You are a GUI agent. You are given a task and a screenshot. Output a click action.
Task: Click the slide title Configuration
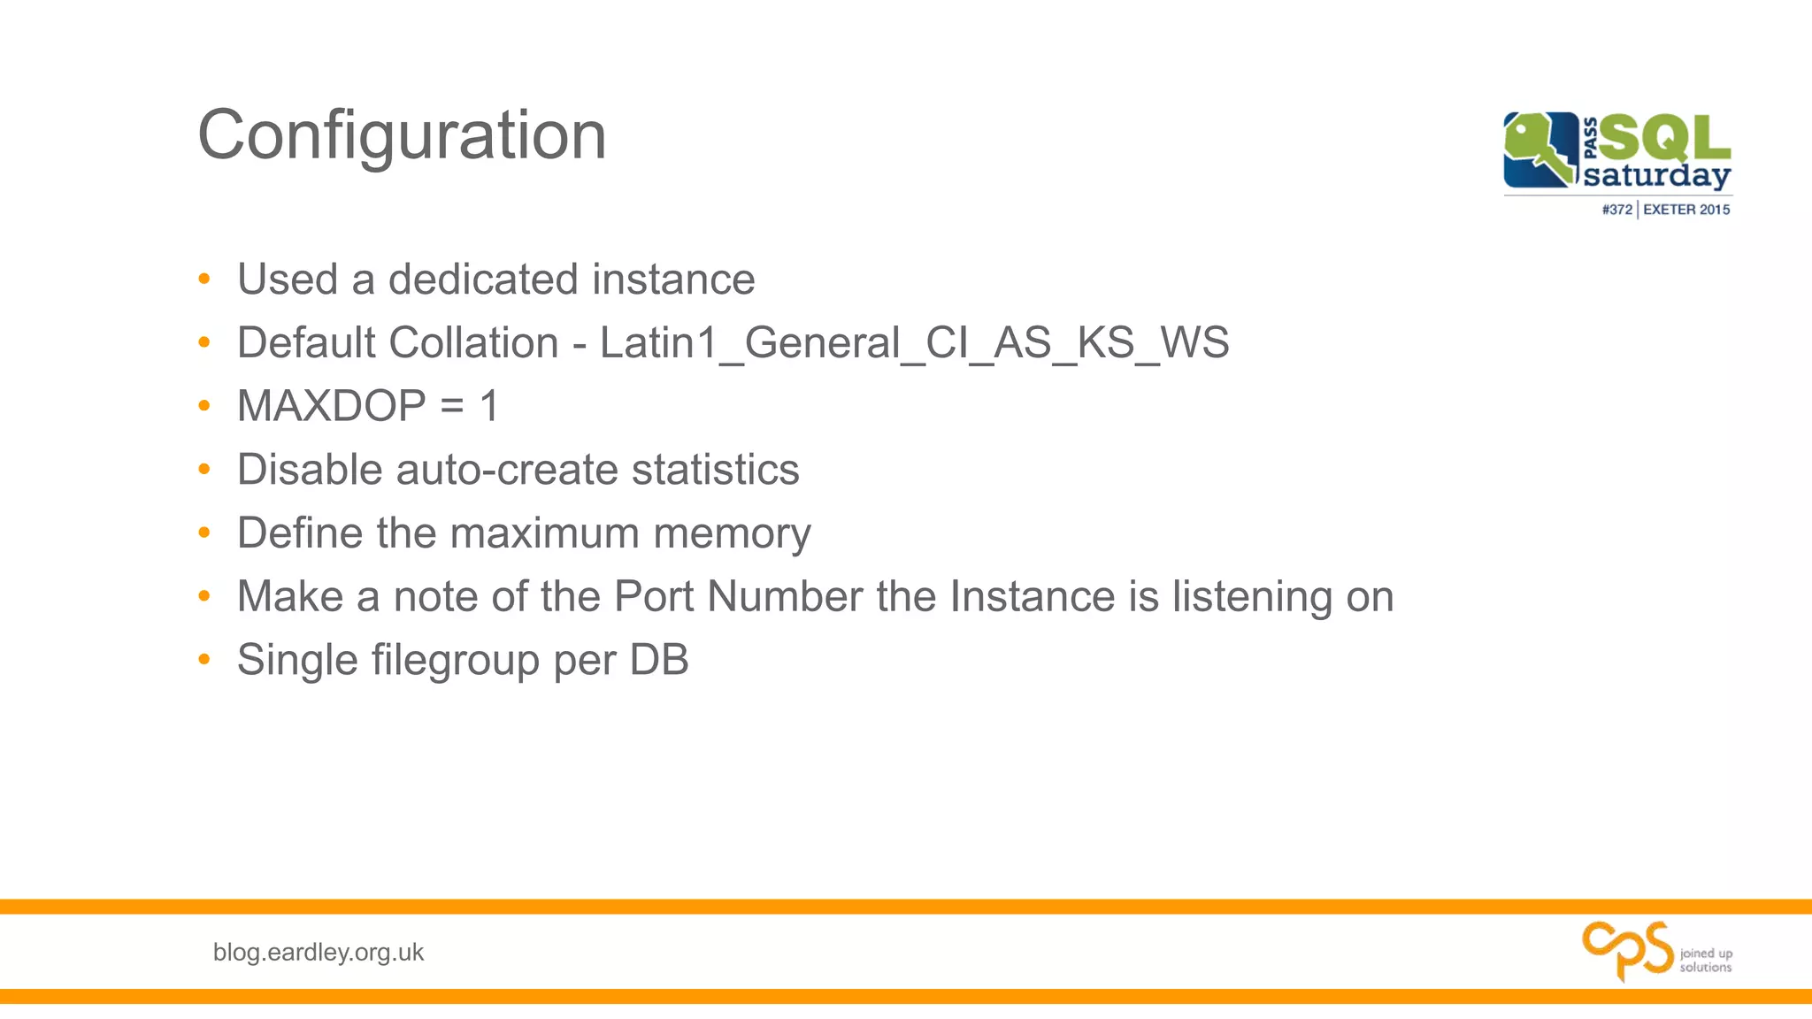(402, 135)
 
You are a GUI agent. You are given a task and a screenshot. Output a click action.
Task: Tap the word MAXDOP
(332, 406)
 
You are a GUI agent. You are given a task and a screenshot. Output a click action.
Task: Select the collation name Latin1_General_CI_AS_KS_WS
(914, 343)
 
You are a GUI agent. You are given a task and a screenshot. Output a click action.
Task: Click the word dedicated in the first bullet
(483, 280)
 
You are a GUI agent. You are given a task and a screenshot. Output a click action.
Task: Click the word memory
(732, 533)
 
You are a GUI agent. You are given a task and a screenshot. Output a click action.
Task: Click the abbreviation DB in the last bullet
(659, 660)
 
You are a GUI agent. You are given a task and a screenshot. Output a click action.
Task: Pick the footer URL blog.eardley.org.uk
(319, 953)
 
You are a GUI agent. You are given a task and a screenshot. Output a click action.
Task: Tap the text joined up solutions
(1706, 960)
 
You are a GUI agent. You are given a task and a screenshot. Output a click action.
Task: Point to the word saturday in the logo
(1656, 175)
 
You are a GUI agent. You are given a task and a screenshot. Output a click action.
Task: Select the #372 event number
(1616, 210)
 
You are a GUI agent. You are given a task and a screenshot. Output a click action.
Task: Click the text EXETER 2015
(1686, 210)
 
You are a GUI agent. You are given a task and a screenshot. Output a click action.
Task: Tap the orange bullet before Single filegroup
(204, 659)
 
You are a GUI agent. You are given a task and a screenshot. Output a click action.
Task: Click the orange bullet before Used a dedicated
(204, 280)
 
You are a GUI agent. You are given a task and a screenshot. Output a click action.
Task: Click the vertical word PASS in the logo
(1590, 138)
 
